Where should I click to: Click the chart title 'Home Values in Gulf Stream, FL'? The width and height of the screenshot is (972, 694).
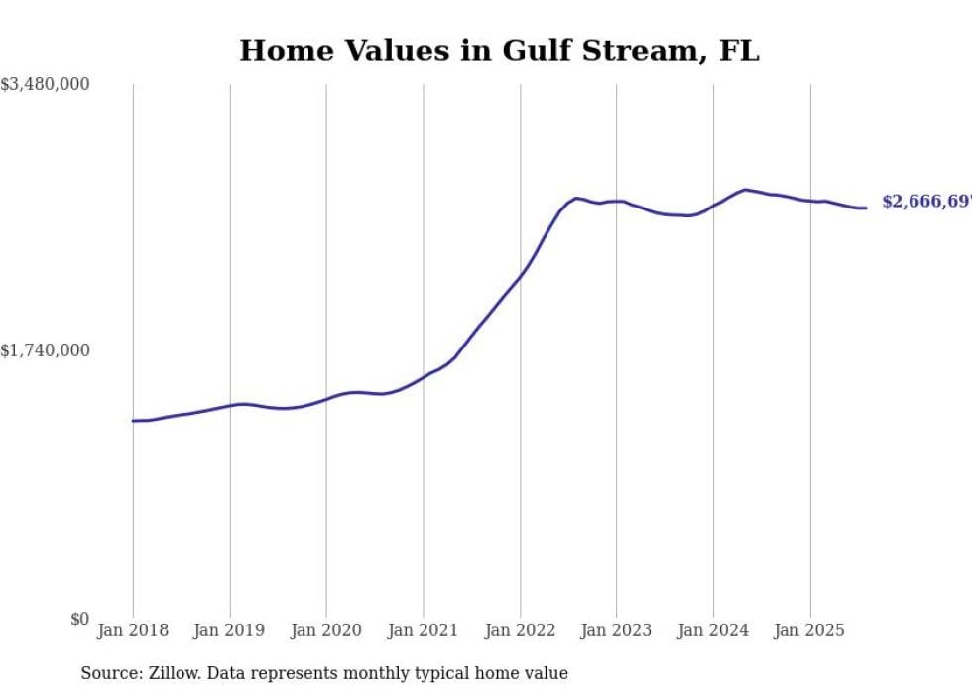(499, 50)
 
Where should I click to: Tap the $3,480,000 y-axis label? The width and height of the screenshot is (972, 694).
(45, 85)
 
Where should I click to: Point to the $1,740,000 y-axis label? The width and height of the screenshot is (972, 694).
(45, 350)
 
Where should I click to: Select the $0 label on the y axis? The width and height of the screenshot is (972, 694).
(79, 620)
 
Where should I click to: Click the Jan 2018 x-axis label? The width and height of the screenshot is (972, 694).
(133, 630)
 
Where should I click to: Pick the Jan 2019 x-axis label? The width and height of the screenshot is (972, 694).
(230, 630)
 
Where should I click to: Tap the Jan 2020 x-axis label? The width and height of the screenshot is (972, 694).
(326, 630)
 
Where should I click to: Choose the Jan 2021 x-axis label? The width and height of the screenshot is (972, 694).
(424, 630)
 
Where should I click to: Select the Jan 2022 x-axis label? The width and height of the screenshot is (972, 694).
(520, 630)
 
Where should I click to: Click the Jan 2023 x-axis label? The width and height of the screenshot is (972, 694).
(616, 630)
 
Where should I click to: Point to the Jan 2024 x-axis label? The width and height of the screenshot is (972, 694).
(713, 630)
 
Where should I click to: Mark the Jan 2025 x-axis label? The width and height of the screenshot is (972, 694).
(810, 630)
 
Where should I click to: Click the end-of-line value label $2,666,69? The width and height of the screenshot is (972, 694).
(926, 202)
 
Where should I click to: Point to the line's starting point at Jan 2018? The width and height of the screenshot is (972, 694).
(133, 421)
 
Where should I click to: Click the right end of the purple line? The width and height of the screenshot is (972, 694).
(867, 208)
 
